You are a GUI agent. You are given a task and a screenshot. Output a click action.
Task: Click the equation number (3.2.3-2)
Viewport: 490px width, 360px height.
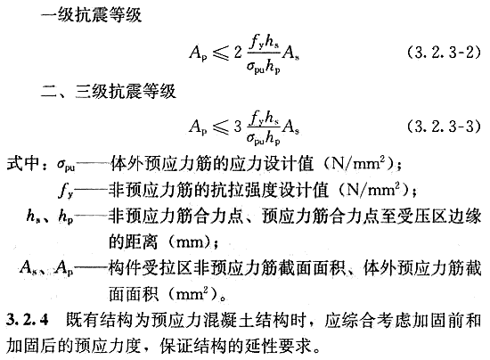click(x=444, y=53)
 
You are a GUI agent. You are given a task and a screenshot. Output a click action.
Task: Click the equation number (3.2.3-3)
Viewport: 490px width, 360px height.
click(x=444, y=127)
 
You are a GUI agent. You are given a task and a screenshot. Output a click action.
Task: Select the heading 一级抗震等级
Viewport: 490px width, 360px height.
click(x=92, y=14)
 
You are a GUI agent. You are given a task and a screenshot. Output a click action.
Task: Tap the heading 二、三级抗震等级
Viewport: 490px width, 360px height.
click(x=109, y=91)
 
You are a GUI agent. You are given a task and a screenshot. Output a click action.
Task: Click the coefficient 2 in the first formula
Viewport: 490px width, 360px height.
click(x=238, y=53)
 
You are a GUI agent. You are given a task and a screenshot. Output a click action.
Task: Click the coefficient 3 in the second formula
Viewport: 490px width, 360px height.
click(x=238, y=127)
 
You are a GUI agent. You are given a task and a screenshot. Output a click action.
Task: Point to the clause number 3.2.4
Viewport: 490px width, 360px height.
click(x=28, y=320)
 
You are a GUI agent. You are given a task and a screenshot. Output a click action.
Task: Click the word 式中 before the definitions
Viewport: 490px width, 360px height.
click(x=22, y=163)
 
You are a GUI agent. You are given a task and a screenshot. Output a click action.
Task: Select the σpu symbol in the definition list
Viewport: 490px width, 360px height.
click(x=66, y=165)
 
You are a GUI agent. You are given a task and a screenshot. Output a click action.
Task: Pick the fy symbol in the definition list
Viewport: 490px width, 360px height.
click(x=66, y=190)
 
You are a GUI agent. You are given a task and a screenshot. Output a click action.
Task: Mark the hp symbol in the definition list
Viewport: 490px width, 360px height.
click(x=66, y=217)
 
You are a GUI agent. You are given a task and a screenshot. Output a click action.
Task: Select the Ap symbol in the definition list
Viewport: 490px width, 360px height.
click(x=64, y=268)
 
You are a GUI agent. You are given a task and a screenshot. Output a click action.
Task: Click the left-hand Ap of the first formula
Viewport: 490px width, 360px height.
click(x=198, y=53)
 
